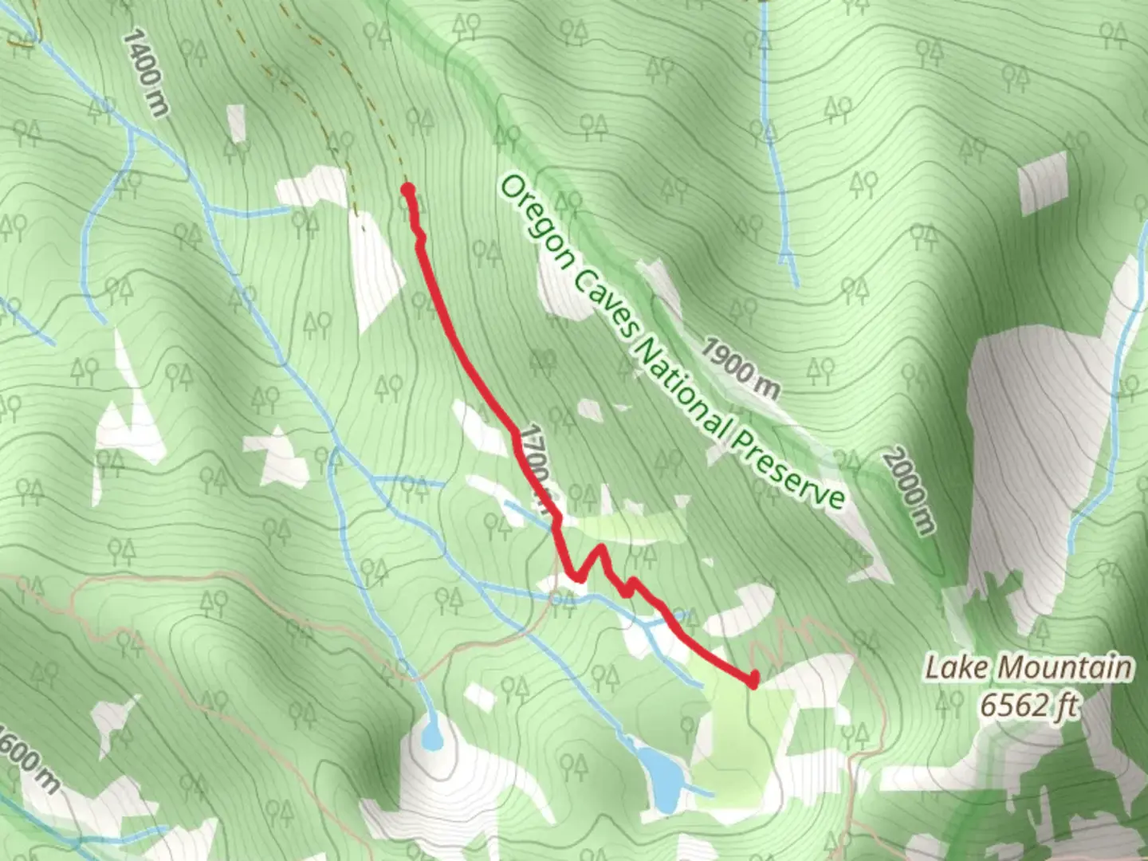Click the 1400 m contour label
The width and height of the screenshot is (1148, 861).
point(146,73)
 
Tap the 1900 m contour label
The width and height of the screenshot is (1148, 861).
point(741,368)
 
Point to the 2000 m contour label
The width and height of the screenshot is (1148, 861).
point(908,491)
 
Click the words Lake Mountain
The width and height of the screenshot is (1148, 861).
point(1028,667)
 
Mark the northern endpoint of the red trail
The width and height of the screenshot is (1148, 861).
point(407,189)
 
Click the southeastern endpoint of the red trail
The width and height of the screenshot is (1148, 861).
point(753,680)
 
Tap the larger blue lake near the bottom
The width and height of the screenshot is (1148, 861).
point(661,773)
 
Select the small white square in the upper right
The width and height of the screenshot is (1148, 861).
point(1043,183)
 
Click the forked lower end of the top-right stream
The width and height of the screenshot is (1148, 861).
point(788,259)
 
